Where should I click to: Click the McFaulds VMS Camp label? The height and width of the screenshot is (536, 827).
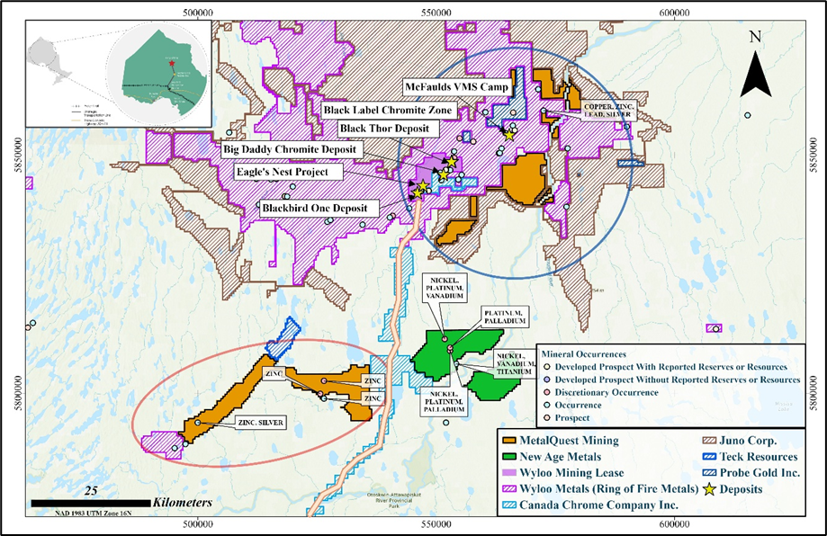coord(457,87)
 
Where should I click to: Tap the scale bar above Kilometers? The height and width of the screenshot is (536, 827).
coord(90,501)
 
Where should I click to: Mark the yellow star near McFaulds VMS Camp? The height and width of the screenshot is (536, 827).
coord(509,135)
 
